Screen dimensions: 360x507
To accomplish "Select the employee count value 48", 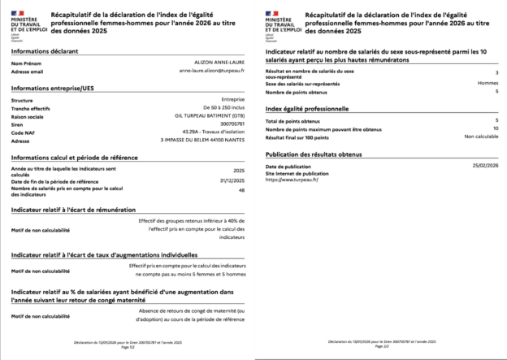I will [240, 190].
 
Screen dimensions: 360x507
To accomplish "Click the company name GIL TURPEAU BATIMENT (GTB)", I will [210, 115].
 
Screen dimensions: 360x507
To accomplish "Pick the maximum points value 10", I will [495, 128].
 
